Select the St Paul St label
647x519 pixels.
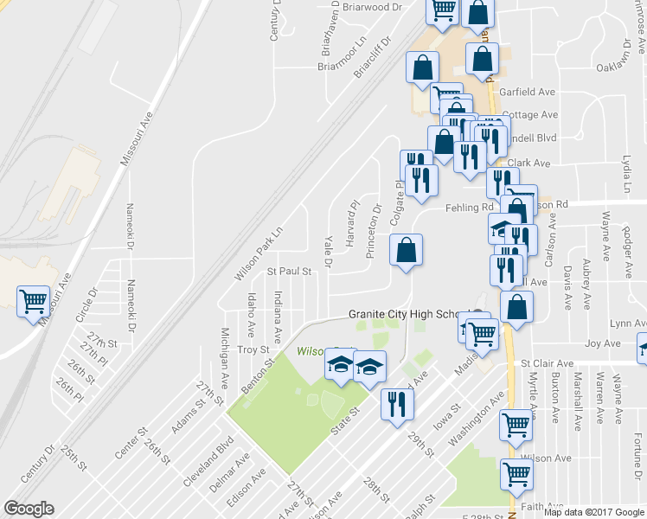[x=288, y=271]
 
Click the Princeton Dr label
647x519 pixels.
[x=374, y=231]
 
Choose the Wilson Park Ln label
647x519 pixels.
[x=259, y=254]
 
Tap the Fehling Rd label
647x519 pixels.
[x=468, y=208]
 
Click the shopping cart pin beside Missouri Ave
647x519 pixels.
[x=33, y=302]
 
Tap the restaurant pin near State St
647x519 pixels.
[x=396, y=403]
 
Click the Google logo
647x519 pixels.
[x=29, y=509]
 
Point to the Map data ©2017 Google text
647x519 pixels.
[x=593, y=512]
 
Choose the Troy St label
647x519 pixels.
[x=253, y=349]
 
